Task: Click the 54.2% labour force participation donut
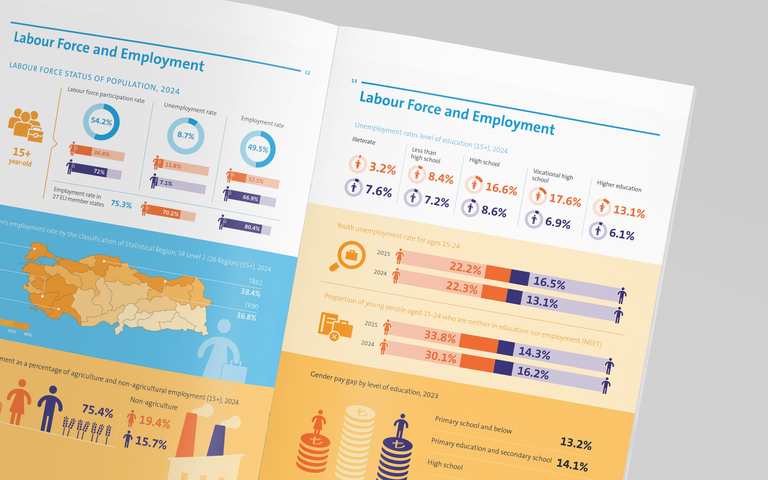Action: [101, 122]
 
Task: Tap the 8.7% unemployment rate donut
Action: [186, 136]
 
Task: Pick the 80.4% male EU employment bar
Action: [245, 226]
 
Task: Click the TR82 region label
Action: [255, 282]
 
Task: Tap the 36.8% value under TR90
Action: [246, 316]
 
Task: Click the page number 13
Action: [354, 81]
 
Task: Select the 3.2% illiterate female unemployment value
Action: [382, 168]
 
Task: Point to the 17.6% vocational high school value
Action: [565, 200]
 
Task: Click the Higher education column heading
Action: [619, 186]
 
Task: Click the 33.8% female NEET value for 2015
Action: [440, 336]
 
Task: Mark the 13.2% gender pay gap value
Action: [576, 443]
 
